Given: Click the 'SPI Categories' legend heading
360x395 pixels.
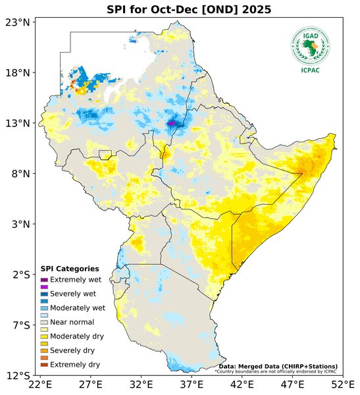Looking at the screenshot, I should (x=70, y=269).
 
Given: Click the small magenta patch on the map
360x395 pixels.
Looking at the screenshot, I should (x=172, y=123).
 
